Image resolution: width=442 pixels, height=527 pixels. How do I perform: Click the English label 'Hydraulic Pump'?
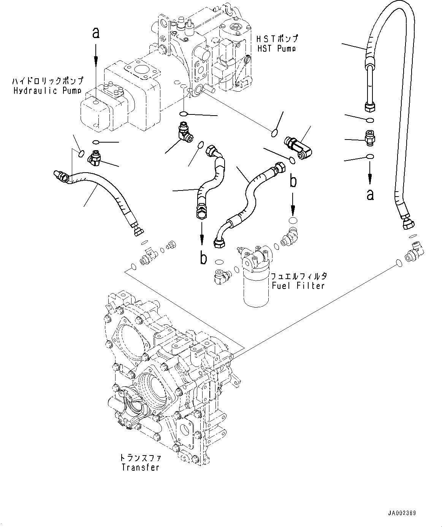tap(48, 90)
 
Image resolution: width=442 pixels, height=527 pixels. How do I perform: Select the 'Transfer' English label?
tap(140, 467)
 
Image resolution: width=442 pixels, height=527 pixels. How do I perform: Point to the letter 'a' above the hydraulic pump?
tap(96, 33)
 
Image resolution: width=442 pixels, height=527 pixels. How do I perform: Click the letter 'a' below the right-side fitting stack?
tap(370, 194)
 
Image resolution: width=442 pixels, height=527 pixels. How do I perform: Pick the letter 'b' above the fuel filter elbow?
tap(293, 181)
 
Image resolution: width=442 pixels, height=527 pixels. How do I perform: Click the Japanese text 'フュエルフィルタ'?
tap(298, 276)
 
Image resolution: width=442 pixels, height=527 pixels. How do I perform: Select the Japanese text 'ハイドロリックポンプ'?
tap(48, 81)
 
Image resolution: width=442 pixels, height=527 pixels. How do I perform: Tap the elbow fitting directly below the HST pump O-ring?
tap(185, 131)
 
